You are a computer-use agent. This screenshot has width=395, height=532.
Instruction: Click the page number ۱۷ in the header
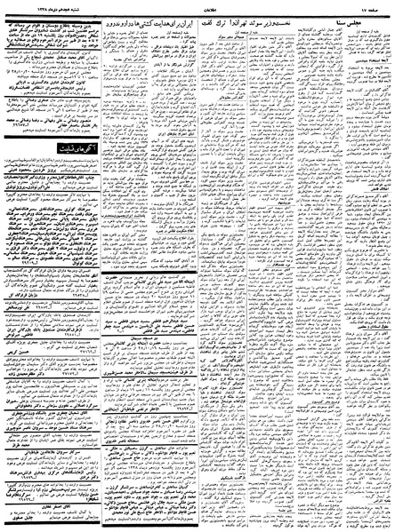376,5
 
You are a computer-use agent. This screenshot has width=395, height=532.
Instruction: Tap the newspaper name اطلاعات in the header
197,5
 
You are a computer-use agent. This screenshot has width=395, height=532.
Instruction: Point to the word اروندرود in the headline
119,19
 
